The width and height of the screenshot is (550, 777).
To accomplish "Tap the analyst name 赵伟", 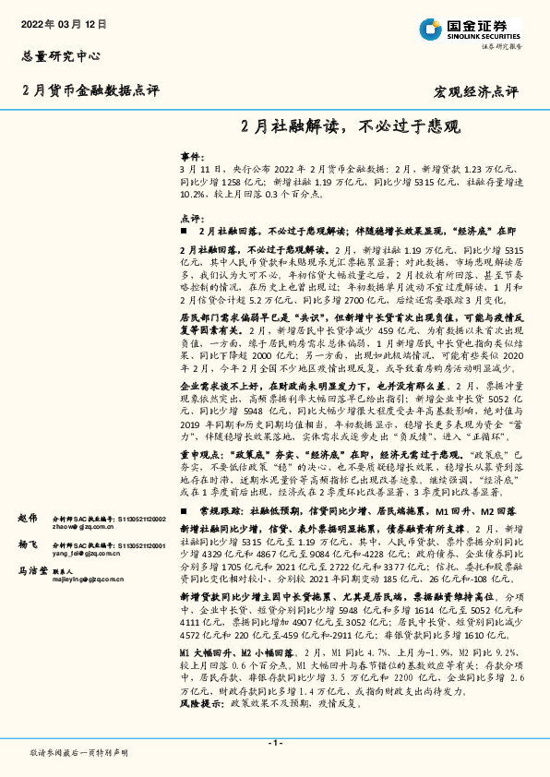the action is pyautogui.click(x=28, y=520).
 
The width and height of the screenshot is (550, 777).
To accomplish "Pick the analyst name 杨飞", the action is pyautogui.click(x=28, y=545).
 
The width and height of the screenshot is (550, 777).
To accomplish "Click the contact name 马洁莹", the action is pyautogui.click(x=33, y=572).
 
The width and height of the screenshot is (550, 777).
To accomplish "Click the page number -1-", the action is pyautogui.click(x=274, y=743).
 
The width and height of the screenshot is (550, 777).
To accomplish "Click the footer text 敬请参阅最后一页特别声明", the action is pyautogui.click(x=78, y=753).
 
